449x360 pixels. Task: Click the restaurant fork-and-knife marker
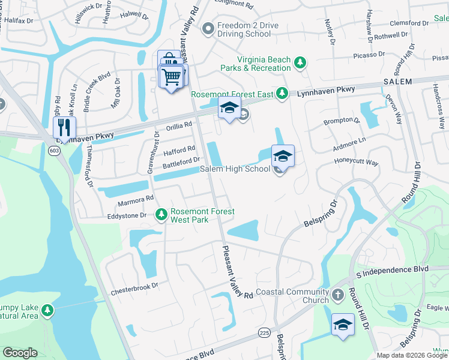64,128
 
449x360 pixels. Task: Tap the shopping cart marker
172,76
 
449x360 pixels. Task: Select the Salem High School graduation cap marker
283,157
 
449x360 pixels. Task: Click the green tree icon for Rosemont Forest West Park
161,214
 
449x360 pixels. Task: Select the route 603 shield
55,151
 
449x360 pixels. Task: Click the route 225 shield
264,331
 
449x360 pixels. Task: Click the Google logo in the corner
20,353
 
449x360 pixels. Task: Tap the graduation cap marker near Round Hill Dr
343,325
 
